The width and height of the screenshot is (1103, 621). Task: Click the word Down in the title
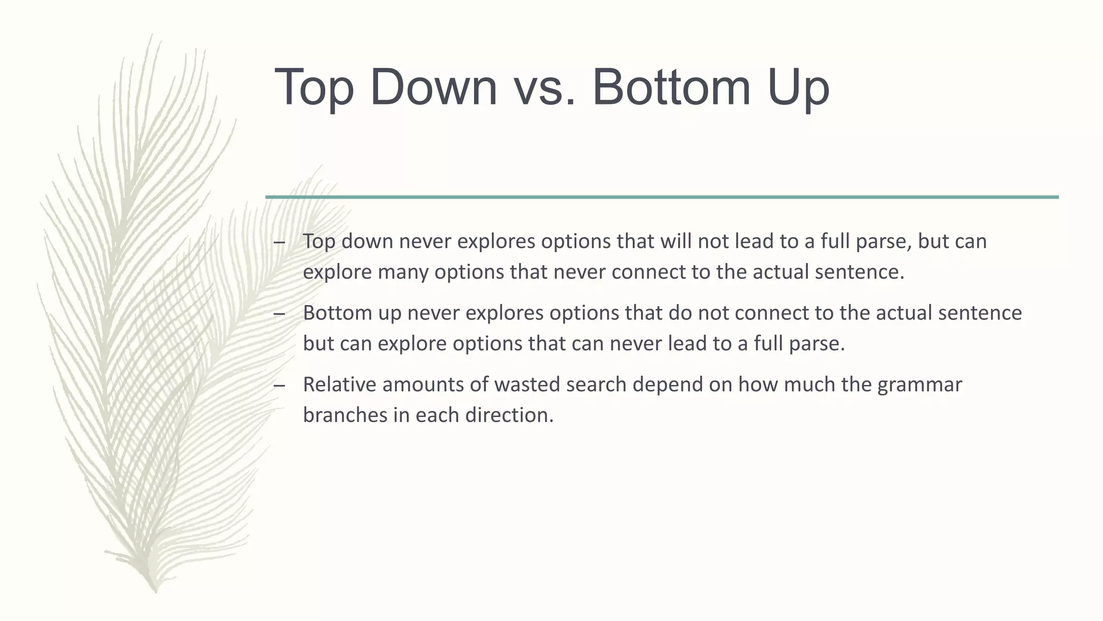coord(433,87)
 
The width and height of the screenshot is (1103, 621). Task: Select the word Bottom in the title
coord(671,87)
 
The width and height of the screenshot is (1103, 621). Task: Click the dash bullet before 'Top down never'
coord(279,242)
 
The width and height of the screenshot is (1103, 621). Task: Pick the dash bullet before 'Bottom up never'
coord(279,314)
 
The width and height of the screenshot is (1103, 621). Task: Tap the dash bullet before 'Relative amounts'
coord(279,385)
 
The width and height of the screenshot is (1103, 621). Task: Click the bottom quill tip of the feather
coord(156,590)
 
